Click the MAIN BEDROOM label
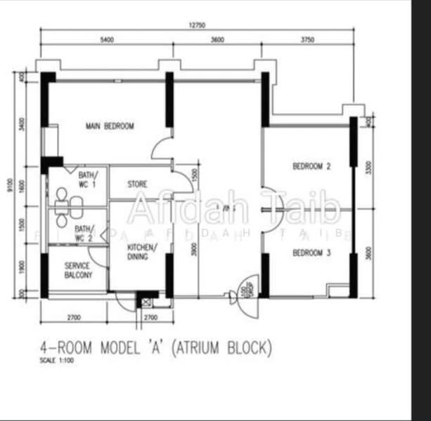pos(110,126)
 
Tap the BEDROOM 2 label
pos(311,166)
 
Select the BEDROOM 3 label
pos(311,253)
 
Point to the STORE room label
pos(137,185)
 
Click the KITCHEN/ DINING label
pos(142,252)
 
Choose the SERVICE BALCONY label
pos(78,271)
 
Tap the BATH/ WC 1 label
pos(88,179)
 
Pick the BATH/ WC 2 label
pos(85,233)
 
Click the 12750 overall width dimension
pos(197,26)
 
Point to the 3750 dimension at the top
pos(307,40)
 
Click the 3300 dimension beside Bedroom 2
pos(368,166)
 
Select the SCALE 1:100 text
pos(56,361)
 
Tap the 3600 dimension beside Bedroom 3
pos(368,253)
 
